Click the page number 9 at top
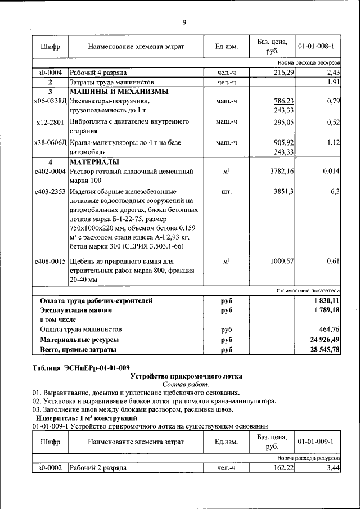click(x=184, y=22)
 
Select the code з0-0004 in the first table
click(x=50, y=73)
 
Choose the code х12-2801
click(x=50, y=121)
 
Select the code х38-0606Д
click(x=51, y=143)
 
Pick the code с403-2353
click(x=50, y=192)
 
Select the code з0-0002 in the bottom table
click(x=50, y=468)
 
